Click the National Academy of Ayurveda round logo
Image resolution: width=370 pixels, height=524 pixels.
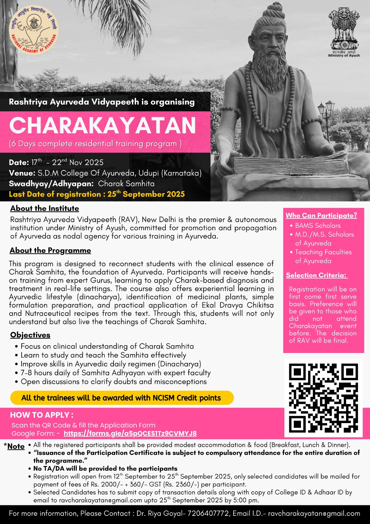pyautogui.click(x=33, y=30)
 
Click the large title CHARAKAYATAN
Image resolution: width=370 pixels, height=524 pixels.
pyautogui.click(x=102, y=125)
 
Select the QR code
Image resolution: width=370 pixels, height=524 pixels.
pyautogui.click(x=323, y=398)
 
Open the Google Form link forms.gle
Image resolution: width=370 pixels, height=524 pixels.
pyautogui.click(x=130, y=434)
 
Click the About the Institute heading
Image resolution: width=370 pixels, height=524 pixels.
pyautogui.click(x=44, y=209)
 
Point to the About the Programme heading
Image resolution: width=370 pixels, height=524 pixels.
pyautogui.click(x=50, y=251)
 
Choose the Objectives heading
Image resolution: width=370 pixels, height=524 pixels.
pyautogui.click(x=30, y=335)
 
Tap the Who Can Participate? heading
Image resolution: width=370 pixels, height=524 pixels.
pyautogui.click(x=321, y=215)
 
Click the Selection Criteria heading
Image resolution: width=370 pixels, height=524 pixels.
pyautogui.click(x=316, y=275)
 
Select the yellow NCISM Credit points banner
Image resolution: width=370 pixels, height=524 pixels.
pyautogui.click(x=122, y=398)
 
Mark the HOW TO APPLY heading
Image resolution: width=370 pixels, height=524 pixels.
pyautogui.click(x=42, y=415)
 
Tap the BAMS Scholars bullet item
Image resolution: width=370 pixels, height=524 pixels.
pyautogui.click(x=318, y=226)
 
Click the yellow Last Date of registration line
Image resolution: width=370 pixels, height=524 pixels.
pyautogui.click(x=97, y=194)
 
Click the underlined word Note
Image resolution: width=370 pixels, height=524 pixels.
pyautogui.click(x=16, y=446)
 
